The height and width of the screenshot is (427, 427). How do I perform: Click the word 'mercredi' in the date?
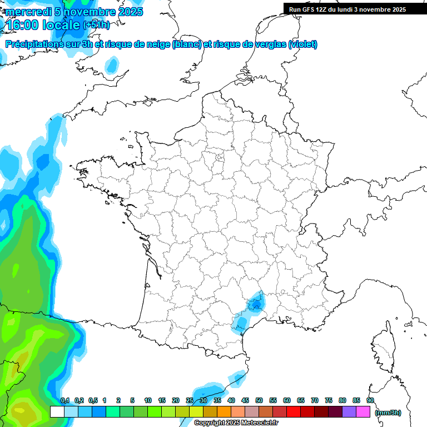tap(27, 12)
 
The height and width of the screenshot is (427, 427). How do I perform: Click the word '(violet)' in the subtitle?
tap(303, 44)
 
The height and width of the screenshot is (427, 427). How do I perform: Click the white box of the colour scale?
tap(57, 412)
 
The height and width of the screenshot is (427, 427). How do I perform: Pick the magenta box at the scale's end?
tap(363, 412)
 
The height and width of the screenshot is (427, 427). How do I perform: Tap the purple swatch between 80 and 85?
tap(349, 412)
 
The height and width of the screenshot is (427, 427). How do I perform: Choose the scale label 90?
tap(370, 401)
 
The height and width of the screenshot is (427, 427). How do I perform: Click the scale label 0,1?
tap(65, 401)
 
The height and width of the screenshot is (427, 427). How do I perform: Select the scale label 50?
tap(259, 401)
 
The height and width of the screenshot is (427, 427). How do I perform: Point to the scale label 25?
tap(190, 401)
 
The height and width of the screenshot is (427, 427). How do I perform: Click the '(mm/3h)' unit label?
tap(388, 413)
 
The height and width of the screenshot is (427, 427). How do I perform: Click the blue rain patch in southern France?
tap(255, 304)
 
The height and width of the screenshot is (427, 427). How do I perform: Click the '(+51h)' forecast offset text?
tap(96, 25)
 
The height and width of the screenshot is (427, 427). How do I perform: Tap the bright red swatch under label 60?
tap(294, 412)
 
